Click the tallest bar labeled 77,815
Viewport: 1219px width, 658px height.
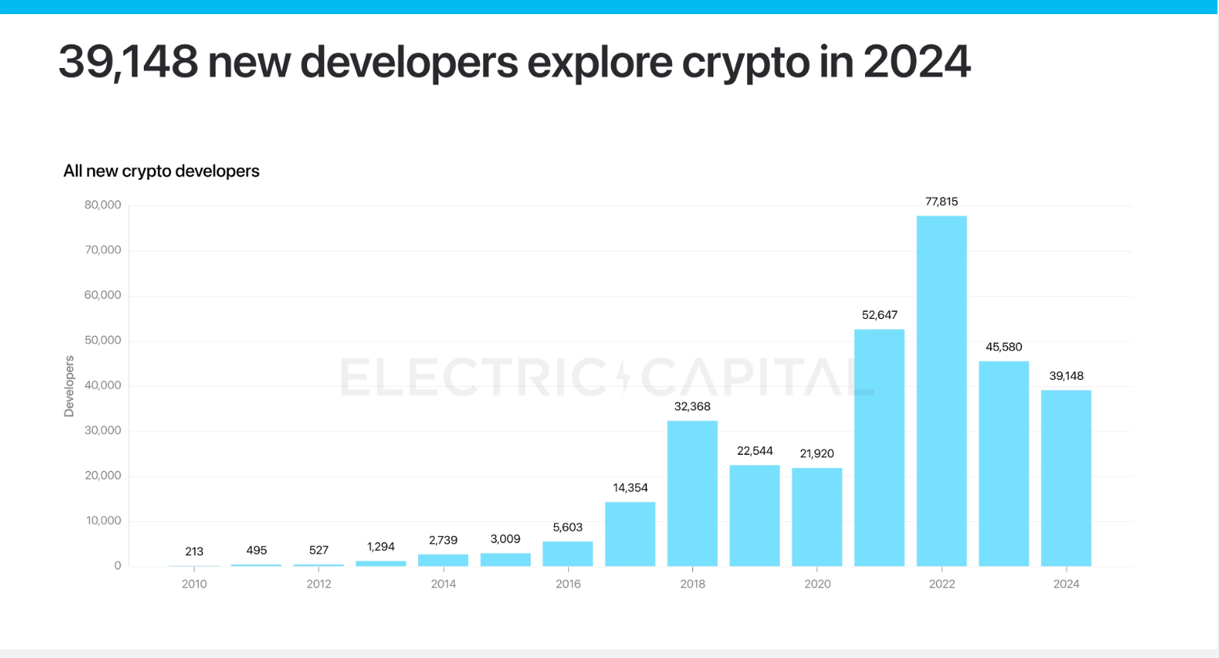[942, 391]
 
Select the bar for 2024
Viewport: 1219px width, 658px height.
[1066, 478]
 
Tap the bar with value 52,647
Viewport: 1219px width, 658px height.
[879, 448]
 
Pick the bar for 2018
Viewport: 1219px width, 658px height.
[692, 493]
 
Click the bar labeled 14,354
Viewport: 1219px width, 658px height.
[630, 534]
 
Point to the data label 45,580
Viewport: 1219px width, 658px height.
[1003, 347]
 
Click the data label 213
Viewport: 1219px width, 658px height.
[194, 552]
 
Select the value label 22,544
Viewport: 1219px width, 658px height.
[755, 451]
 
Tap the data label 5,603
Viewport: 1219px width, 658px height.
[567, 527]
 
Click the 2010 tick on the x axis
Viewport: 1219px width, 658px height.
[194, 584]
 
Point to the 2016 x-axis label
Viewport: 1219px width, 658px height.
[568, 584]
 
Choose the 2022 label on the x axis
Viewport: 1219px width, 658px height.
[942, 584]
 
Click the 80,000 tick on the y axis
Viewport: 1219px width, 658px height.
[103, 205]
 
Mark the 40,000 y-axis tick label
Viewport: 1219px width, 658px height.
[103, 385]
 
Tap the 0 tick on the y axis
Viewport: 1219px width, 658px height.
[118, 566]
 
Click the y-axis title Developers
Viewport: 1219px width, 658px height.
[70, 386]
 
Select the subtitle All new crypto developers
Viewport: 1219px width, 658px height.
[161, 171]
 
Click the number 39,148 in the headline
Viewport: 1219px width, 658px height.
[128, 62]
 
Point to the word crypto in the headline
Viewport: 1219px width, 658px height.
[745, 62]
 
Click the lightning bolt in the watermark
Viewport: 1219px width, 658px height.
[624, 377]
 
